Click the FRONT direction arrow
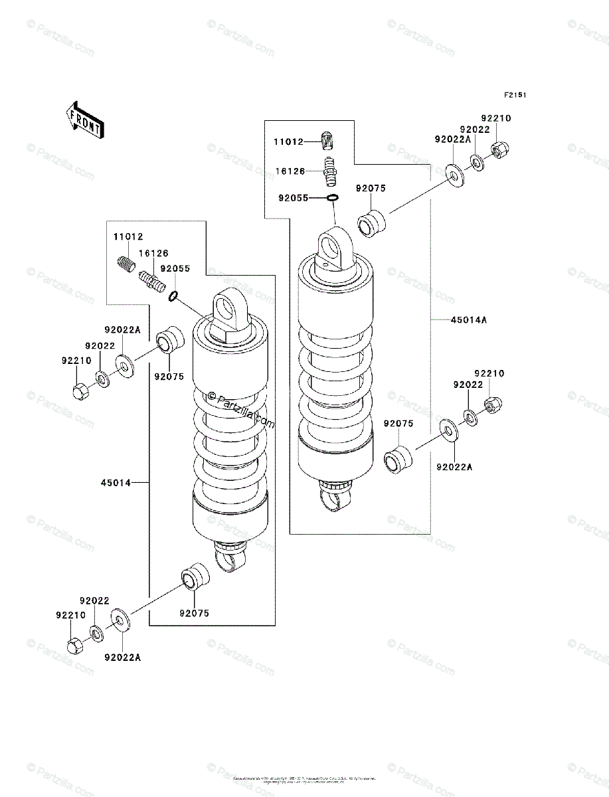(x=83, y=120)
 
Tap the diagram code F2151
(x=515, y=96)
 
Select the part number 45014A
(x=469, y=320)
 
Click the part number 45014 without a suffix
(x=118, y=483)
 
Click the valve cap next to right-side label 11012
(x=326, y=141)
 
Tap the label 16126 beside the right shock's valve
(x=290, y=171)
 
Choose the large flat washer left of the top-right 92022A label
(x=454, y=175)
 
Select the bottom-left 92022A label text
(x=123, y=658)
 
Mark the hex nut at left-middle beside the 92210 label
(x=79, y=392)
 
